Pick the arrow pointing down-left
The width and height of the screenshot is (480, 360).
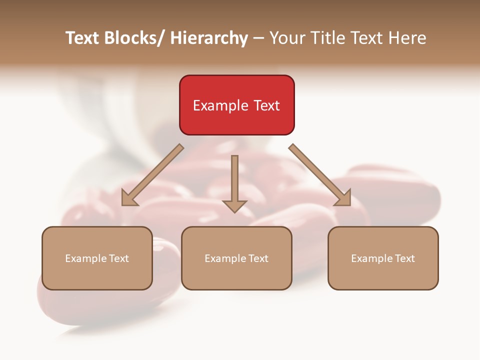tap(152, 174)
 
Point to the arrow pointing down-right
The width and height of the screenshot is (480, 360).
tap(320, 174)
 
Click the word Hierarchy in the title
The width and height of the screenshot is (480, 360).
tap(209, 38)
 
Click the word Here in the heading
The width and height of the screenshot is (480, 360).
tap(407, 38)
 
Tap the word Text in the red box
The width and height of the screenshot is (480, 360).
tap(266, 105)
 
